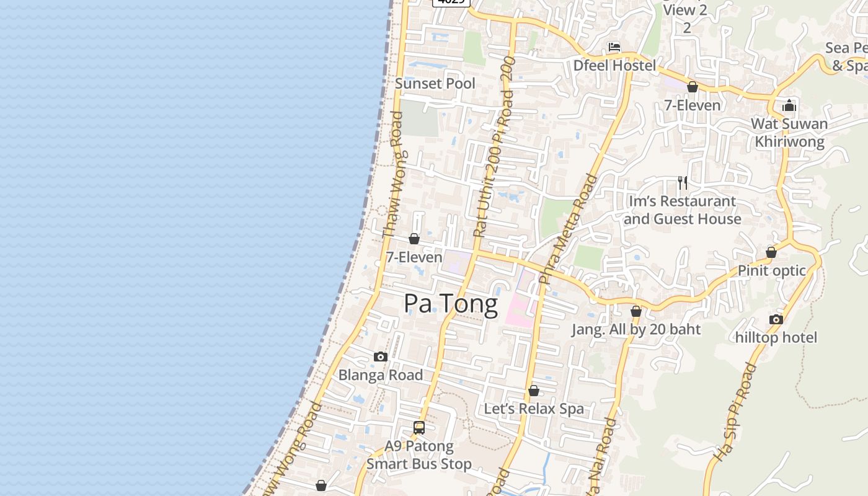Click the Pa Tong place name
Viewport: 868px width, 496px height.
tap(451, 304)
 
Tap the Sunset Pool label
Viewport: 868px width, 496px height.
tap(435, 84)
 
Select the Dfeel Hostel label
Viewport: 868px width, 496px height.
tap(614, 65)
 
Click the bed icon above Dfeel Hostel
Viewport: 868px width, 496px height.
tap(614, 47)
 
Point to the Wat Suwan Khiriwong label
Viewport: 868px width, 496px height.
tap(789, 133)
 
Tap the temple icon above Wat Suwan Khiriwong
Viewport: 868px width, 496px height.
tap(789, 105)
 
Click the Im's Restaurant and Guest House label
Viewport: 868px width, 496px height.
tap(683, 210)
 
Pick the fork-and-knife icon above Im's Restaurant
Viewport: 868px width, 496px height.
tap(683, 182)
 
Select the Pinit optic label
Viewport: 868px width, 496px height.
tap(772, 270)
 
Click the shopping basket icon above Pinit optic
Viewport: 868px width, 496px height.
tap(771, 252)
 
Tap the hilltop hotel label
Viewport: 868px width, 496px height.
tap(776, 337)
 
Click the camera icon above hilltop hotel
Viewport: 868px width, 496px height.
tap(776, 319)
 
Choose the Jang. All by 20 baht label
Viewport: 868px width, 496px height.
tap(636, 329)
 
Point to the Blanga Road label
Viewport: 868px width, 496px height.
tap(381, 375)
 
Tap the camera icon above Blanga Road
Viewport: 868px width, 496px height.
tap(381, 356)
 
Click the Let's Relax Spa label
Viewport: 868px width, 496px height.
tap(534, 409)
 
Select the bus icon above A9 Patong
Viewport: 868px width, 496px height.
tap(419, 427)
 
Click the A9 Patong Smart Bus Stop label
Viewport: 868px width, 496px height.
tap(419, 455)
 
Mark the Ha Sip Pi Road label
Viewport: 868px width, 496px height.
tap(735, 412)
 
